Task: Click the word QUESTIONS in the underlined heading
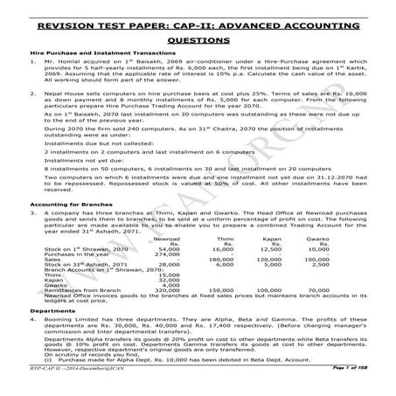198,40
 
